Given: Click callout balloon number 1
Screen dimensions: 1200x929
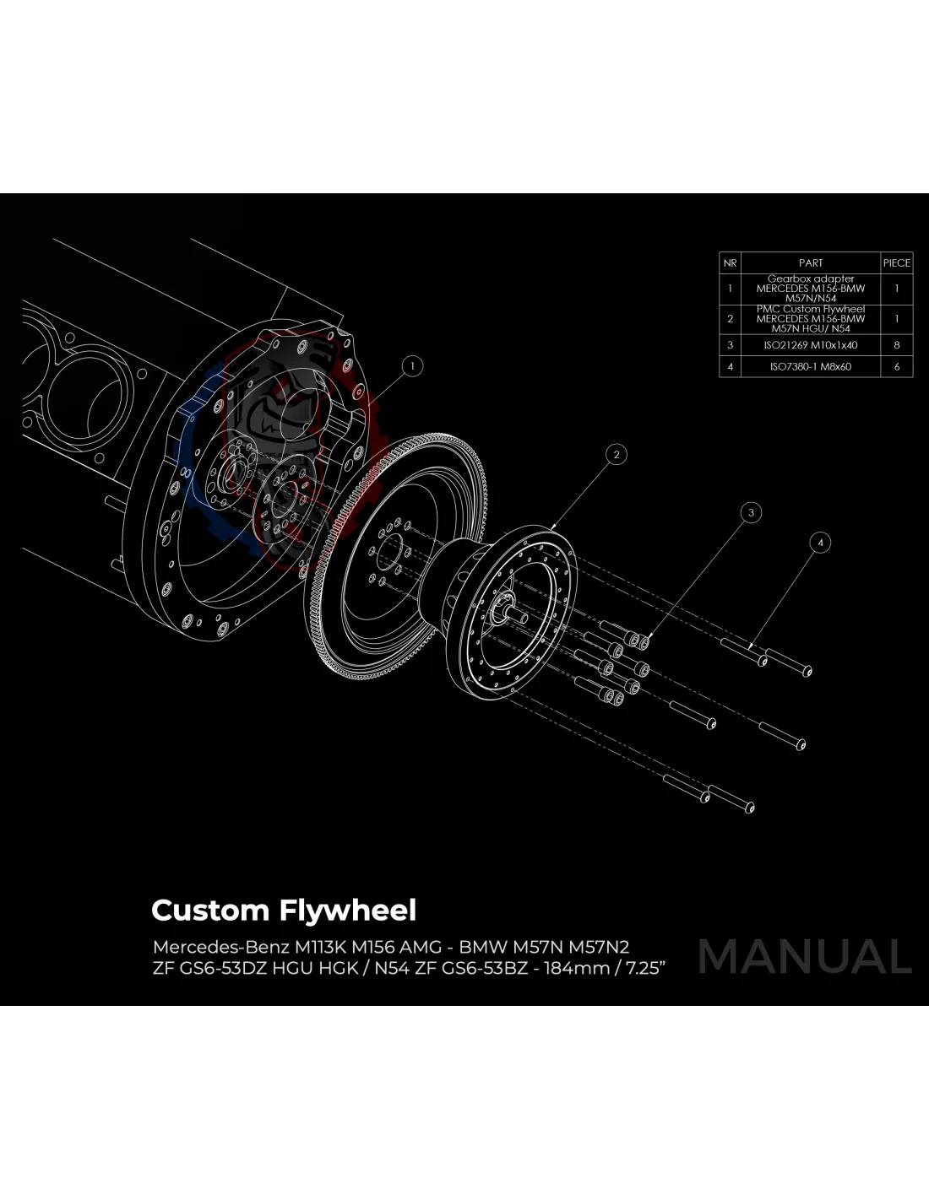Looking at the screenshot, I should (x=412, y=366).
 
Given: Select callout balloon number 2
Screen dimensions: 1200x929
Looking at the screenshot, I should (x=617, y=455).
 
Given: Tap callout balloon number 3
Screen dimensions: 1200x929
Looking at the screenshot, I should (x=750, y=512).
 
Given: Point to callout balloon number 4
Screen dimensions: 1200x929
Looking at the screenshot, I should (x=819, y=543).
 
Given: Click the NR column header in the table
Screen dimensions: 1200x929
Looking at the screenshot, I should (x=730, y=263).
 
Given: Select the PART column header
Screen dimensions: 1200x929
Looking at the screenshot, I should (x=810, y=263).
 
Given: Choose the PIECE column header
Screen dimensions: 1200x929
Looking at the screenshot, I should (x=896, y=263).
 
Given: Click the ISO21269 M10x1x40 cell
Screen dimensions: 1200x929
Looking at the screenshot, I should (x=810, y=345).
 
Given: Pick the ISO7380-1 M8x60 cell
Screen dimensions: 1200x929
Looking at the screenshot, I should (x=810, y=367).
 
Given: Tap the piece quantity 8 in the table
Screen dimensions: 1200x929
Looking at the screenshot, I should (x=896, y=345).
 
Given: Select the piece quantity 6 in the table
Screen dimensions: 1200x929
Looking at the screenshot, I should (x=896, y=367).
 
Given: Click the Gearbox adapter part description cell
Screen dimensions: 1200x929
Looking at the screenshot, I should (x=810, y=289).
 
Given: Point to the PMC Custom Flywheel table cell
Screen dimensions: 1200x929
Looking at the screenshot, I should (x=810, y=319).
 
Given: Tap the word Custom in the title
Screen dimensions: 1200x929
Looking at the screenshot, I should (x=209, y=911).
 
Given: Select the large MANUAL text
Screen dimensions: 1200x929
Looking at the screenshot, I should (x=805, y=956).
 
